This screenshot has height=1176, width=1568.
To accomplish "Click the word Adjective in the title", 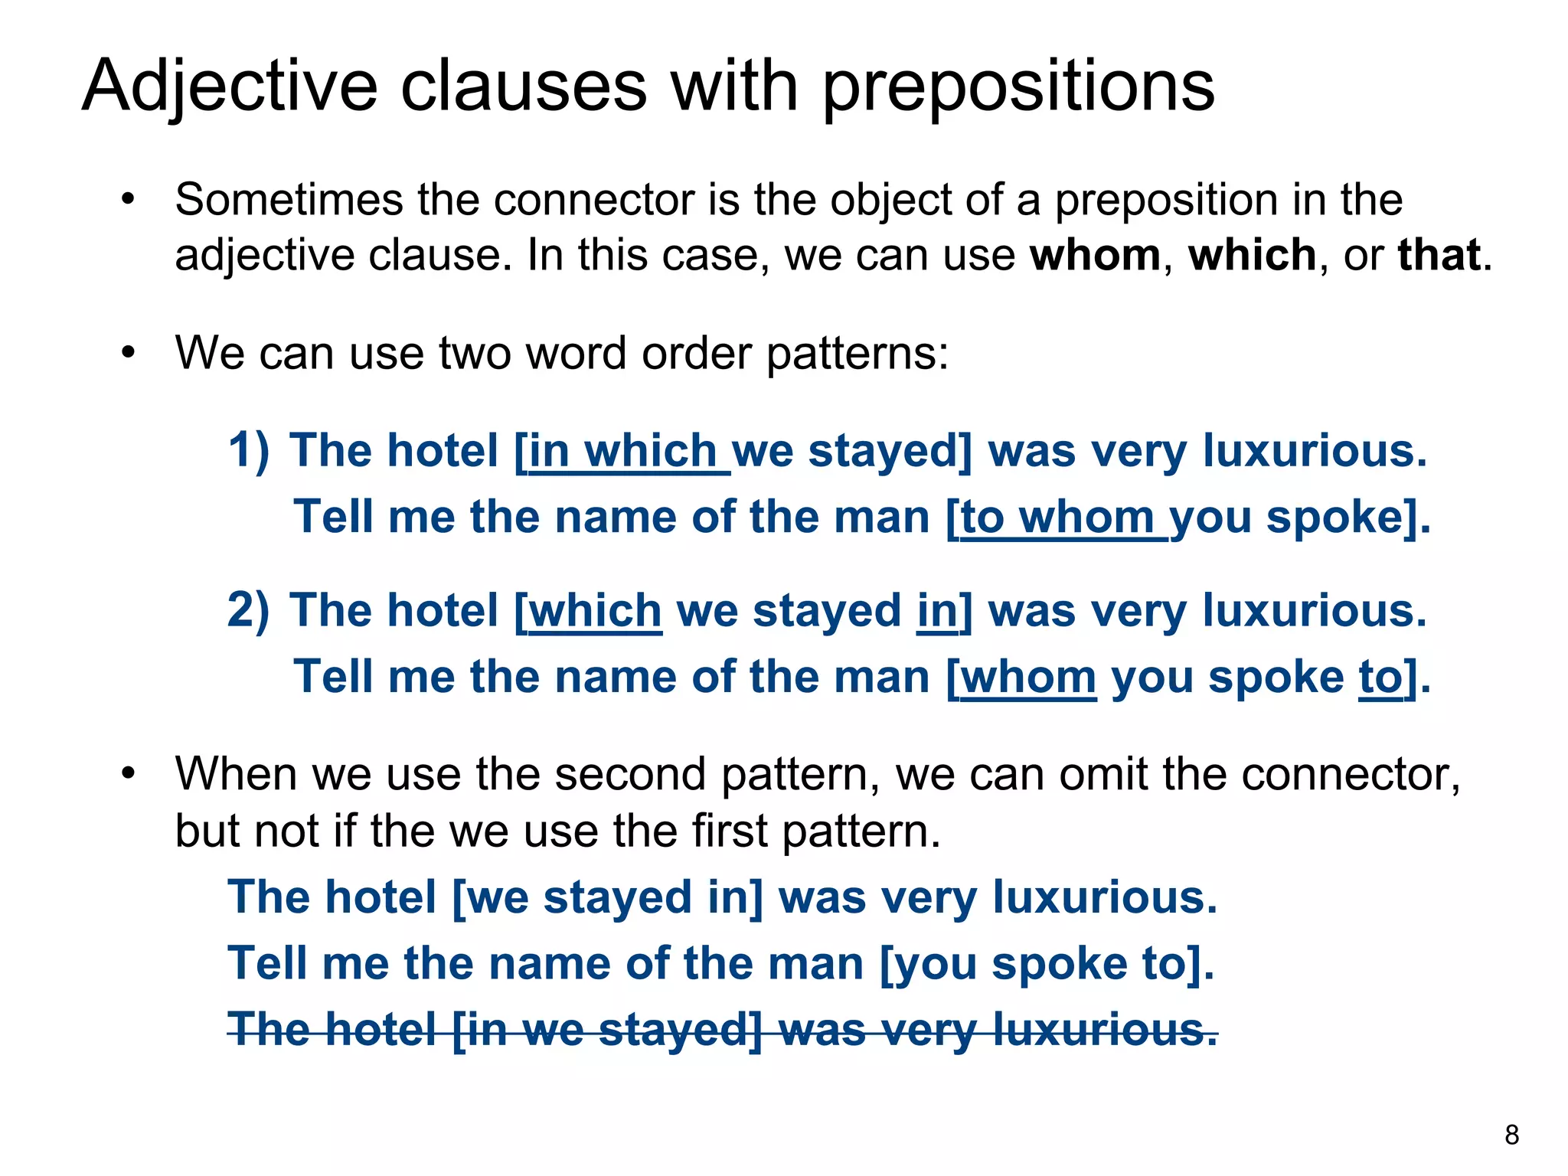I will pyautogui.click(x=230, y=86).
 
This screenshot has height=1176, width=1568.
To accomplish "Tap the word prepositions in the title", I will pyautogui.click(x=1018, y=86).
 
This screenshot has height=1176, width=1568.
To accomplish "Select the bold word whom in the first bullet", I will pyautogui.click(x=1095, y=255).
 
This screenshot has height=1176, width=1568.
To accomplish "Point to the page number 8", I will pyautogui.click(x=1511, y=1134).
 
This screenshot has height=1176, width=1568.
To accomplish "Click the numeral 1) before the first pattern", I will pyautogui.click(x=249, y=449).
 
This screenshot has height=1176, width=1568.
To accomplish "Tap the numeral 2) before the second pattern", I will pyautogui.click(x=249, y=610).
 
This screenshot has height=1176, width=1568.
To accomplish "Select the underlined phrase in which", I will pyautogui.click(x=622, y=451).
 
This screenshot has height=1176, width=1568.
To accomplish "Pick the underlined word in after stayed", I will pyautogui.click(x=937, y=612).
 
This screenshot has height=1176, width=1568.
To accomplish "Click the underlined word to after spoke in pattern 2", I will pyautogui.click(x=1382, y=678).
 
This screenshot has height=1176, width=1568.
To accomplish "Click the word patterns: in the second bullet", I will pyautogui.click(x=857, y=354).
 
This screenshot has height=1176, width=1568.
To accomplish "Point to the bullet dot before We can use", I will pyautogui.click(x=128, y=354).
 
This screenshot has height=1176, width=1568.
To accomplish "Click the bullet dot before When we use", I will pyautogui.click(x=128, y=774).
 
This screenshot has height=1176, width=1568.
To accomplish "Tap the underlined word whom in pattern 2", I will pyautogui.click(x=1028, y=678).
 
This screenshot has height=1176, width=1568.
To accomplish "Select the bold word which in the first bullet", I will pyautogui.click(x=1252, y=255).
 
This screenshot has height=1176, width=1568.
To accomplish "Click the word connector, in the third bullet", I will pyautogui.click(x=1351, y=774).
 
